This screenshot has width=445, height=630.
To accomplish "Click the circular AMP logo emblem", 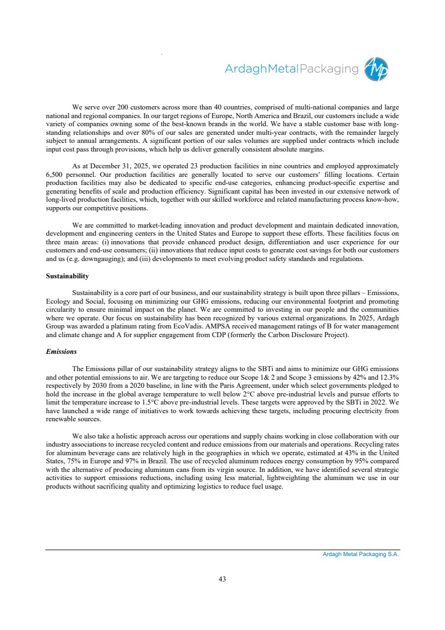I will (376, 70).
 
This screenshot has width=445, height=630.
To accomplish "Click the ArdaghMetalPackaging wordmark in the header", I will (291, 69).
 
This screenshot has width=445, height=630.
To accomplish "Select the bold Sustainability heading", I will (67, 276).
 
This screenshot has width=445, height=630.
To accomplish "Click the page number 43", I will (222, 579).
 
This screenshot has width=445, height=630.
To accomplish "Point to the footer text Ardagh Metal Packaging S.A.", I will (357, 554).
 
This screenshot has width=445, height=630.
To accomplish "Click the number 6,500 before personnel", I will (56, 175).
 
